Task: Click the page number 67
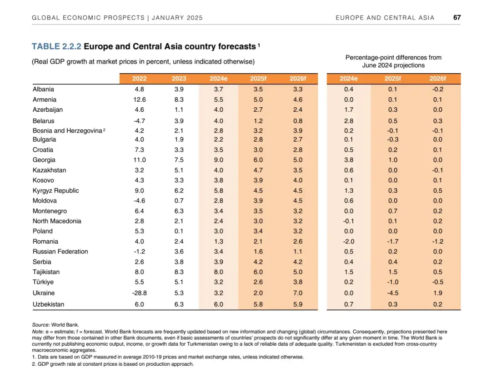click(457, 18)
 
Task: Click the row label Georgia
click(44, 160)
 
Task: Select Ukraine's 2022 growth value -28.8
click(139, 293)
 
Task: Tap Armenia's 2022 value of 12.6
click(139, 99)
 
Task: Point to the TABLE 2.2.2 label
click(56, 46)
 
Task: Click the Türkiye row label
click(43, 282)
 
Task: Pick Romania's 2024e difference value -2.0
click(348, 241)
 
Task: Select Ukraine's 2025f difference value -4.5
click(393, 293)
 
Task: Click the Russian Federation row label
click(60, 252)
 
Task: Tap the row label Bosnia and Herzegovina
click(67, 131)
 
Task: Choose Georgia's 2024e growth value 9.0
click(218, 160)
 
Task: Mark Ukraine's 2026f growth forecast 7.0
click(297, 293)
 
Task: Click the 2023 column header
click(179, 79)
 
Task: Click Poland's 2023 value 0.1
click(179, 231)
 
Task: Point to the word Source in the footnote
click(40, 325)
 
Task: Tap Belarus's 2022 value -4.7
click(139, 121)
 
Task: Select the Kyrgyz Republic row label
click(55, 190)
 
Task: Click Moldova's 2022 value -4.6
click(139, 201)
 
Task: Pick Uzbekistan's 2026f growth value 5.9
click(297, 304)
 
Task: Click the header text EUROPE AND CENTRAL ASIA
click(385, 18)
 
